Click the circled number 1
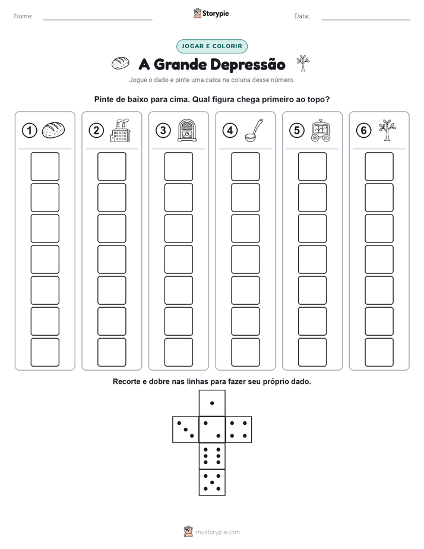point(29,131)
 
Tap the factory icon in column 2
point(121,130)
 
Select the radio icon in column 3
point(187,130)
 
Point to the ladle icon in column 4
point(254,130)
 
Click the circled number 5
point(297,131)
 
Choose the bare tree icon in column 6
point(387,130)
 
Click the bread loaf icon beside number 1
point(53,130)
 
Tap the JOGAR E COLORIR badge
point(212,46)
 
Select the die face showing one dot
point(212,403)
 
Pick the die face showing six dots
point(212,456)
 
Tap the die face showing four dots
point(239,430)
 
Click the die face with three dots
point(186,430)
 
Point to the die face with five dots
point(212,482)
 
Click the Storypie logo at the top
point(211,13)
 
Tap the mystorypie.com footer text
point(217,532)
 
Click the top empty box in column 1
point(45,166)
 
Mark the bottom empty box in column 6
point(379,352)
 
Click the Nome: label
point(23,16)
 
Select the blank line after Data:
point(366,20)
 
